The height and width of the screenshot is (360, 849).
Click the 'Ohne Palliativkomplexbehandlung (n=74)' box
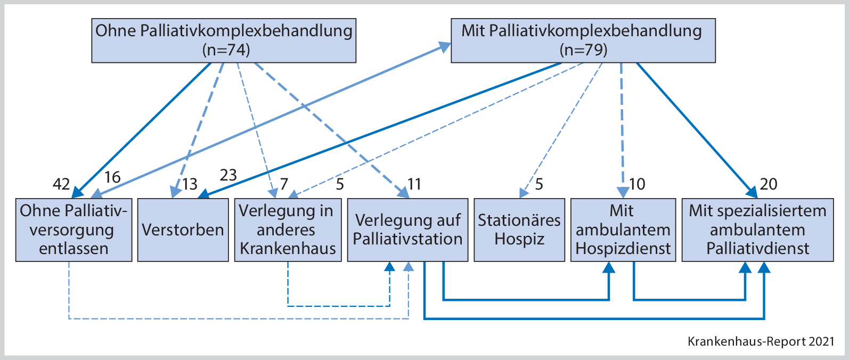point(224,40)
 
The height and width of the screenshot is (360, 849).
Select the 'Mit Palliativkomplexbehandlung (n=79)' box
point(583,40)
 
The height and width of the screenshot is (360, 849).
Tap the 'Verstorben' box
point(183,230)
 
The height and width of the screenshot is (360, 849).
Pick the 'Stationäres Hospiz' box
point(519,230)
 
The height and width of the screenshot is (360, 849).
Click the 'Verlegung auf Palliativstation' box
point(407,230)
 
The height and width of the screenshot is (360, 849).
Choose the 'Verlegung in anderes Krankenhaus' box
point(288,230)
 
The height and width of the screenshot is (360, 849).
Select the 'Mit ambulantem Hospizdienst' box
point(623,230)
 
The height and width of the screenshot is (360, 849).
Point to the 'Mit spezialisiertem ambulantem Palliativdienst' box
point(757,230)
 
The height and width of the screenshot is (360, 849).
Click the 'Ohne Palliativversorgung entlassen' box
point(74,230)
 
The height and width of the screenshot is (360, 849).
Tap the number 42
point(61,184)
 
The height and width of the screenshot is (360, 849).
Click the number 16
point(112,177)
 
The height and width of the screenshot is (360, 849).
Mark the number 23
point(228,175)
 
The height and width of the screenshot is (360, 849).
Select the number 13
point(190,184)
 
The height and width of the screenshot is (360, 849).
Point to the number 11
point(414,184)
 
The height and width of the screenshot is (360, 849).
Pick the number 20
point(769,184)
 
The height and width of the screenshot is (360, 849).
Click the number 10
point(637,184)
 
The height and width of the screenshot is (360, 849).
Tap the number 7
point(284,184)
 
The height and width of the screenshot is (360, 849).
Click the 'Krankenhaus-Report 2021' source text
point(761,341)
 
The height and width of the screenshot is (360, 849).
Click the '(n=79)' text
point(583,50)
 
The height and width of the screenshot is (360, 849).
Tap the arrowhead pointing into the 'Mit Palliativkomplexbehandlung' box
point(445,46)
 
